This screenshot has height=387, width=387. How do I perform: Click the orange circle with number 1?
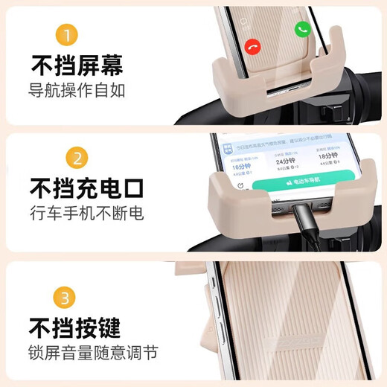coord(67,36)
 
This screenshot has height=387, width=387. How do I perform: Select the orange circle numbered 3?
coord(67,298)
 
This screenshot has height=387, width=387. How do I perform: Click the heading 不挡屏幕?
coord(76,66)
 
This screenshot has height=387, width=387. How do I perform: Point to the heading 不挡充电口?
coord(86,188)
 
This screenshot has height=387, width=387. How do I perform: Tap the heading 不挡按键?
coord(75,327)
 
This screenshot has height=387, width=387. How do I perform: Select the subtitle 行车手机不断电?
coord(86,214)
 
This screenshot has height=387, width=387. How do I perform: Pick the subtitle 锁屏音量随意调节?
coord(94,353)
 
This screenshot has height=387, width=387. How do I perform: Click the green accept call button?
coord(302,29)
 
